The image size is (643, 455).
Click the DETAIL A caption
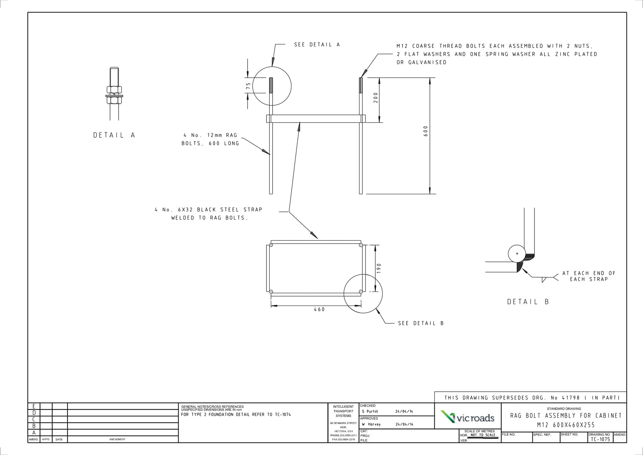pyautogui.click(x=114, y=135)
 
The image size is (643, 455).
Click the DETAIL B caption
pyautogui.click(x=528, y=302)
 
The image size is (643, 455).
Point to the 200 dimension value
pyautogui.click(x=375, y=97)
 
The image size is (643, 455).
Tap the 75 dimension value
pyautogui.click(x=248, y=86)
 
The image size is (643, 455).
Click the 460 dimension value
pyautogui.click(x=319, y=309)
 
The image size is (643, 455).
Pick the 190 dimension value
pyautogui.click(x=379, y=268)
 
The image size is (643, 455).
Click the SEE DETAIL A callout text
pyautogui.click(x=317, y=45)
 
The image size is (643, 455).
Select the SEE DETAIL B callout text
pyautogui.click(x=421, y=323)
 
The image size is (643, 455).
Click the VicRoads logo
pyautogui.click(x=468, y=417)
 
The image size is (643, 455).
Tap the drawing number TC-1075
pyautogui.click(x=600, y=440)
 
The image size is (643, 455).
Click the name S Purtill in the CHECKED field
pyautogui.click(x=370, y=411)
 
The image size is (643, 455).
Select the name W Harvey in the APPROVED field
pyautogui.click(x=371, y=424)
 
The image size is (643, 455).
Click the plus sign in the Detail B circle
pyautogui.click(x=517, y=254)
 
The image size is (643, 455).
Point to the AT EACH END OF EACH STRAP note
pyautogui.click(x=589, y=276)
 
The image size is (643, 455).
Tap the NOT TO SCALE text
pyautogui.click(x=482, y=435)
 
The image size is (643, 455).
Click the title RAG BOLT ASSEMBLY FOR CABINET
pyautogui.click(x=566, y=416)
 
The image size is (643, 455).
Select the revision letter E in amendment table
pyautogui.click(x=34, y=406)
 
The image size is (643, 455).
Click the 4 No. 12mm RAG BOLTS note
pyautogui.click(x=210, y=140)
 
